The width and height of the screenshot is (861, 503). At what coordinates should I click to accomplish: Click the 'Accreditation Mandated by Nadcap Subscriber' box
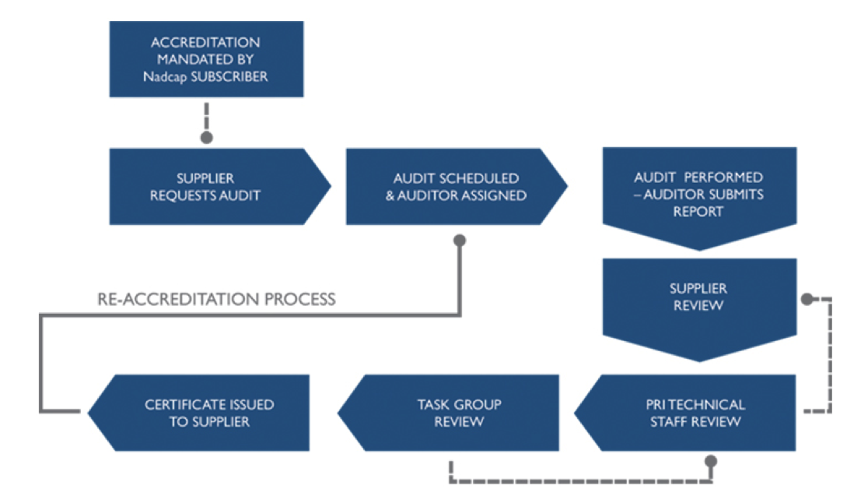pyautogui.click(x=205, y=58)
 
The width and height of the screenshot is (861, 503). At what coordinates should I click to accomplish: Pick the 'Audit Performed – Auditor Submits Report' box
pyautogui.click(x=698, y=195)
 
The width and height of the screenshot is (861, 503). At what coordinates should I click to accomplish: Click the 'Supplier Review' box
pyautogui.click(x=698, y=300)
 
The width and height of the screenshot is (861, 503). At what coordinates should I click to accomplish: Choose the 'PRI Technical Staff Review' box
pyautogui.click(x=695, y=413)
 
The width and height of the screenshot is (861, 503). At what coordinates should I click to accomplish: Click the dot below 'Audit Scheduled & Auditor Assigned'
pyautogui.click(x=460, y=241)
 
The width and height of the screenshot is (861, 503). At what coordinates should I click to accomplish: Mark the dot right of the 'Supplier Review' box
pyautogui.click(x=807, y=299)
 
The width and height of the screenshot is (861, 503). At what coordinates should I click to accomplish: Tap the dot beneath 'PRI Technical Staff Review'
pyautogui.click(x=710, y=462)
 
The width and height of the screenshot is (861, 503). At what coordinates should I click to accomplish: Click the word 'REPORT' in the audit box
pyautogui.click(x=698, y=210)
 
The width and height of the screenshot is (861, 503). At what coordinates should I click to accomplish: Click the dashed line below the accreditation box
pyautogui.click(x=206, y=115)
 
